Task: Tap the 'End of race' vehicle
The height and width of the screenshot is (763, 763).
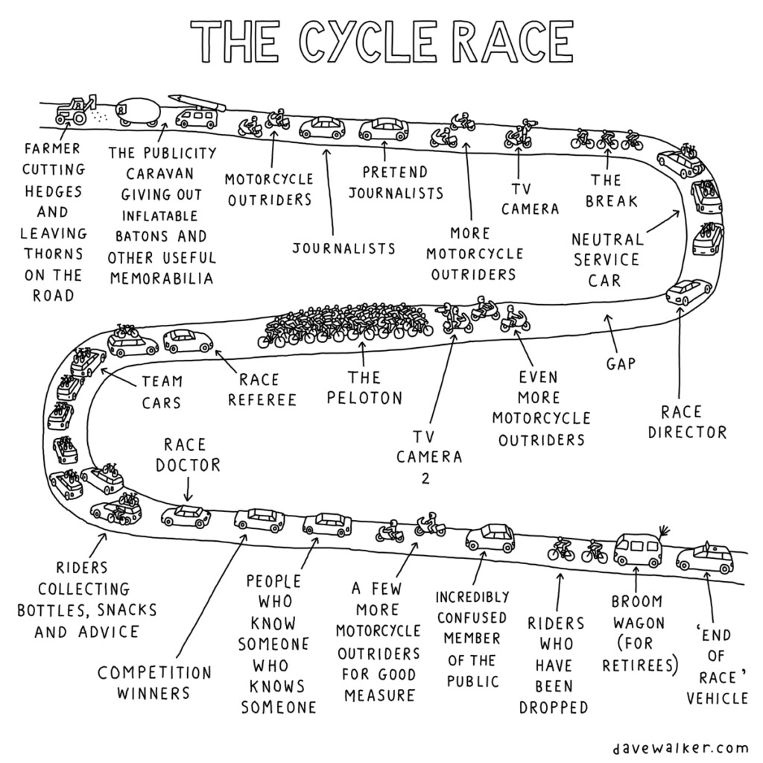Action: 705,559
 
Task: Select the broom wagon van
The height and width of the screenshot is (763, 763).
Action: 638,549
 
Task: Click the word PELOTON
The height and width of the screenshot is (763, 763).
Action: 364,398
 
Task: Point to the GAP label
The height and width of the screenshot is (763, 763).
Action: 620,364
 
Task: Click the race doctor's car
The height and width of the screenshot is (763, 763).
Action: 186,515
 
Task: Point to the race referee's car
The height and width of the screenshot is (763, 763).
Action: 188,341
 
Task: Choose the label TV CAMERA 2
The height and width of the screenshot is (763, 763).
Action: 428,456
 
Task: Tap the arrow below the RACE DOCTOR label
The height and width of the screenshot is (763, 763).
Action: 187,490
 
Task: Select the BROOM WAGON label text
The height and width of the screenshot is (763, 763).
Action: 637,611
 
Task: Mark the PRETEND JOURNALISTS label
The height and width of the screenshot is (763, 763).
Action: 395,182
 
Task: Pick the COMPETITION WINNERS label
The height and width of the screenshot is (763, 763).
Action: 155,683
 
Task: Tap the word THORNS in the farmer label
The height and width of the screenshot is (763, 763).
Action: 54,253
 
